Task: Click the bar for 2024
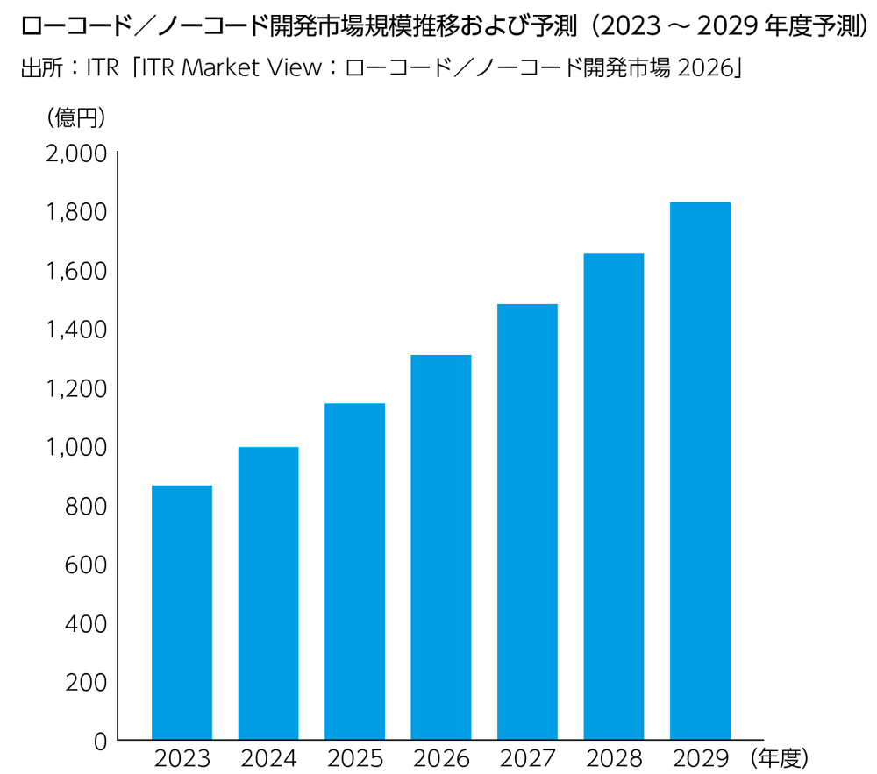tap(268, 593)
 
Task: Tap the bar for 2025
tap(354, 572)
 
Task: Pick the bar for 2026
tap(441, 547)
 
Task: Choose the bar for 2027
tap(527, 522)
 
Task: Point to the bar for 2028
tap(614, 496)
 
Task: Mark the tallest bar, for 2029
tap(700, 471)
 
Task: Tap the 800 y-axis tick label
tap(85, 506)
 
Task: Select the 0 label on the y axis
tap(99, 742)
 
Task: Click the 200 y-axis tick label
tap(85, 683)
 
